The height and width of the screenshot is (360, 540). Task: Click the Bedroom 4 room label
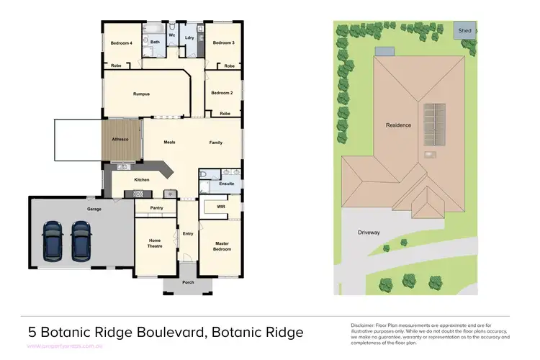121,43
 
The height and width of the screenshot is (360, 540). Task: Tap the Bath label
155,42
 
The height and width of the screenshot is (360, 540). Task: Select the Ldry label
189,37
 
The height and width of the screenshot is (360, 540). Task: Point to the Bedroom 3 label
223,43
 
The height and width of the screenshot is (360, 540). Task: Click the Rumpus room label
141,94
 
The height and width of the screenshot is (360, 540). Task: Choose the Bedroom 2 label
222,93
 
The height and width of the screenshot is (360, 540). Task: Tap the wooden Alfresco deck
120,139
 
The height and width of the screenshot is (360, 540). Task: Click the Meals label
170,143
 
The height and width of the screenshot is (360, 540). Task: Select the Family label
216,143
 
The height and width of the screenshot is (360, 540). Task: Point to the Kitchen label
142,179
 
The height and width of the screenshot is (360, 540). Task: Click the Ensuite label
227,184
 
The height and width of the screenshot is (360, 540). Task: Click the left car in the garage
53,240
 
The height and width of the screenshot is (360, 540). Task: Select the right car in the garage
81,240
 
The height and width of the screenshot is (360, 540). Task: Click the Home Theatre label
155,243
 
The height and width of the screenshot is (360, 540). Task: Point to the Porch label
189,282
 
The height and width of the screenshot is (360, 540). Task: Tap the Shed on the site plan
465,31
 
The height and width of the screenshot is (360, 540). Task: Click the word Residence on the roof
398,125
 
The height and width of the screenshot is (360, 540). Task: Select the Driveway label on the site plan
369,233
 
